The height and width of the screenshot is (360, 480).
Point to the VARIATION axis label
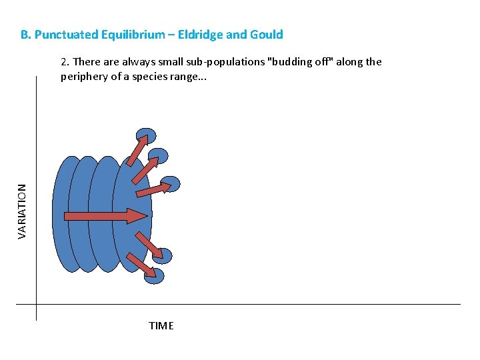22,211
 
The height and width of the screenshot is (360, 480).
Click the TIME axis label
161,326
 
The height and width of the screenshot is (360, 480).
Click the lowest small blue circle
155,275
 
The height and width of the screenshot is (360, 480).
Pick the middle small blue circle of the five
171,184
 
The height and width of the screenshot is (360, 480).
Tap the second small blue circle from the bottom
163,256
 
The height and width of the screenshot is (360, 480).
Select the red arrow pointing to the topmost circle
137,151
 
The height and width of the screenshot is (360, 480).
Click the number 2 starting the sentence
64,62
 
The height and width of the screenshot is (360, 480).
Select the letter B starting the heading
24,35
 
